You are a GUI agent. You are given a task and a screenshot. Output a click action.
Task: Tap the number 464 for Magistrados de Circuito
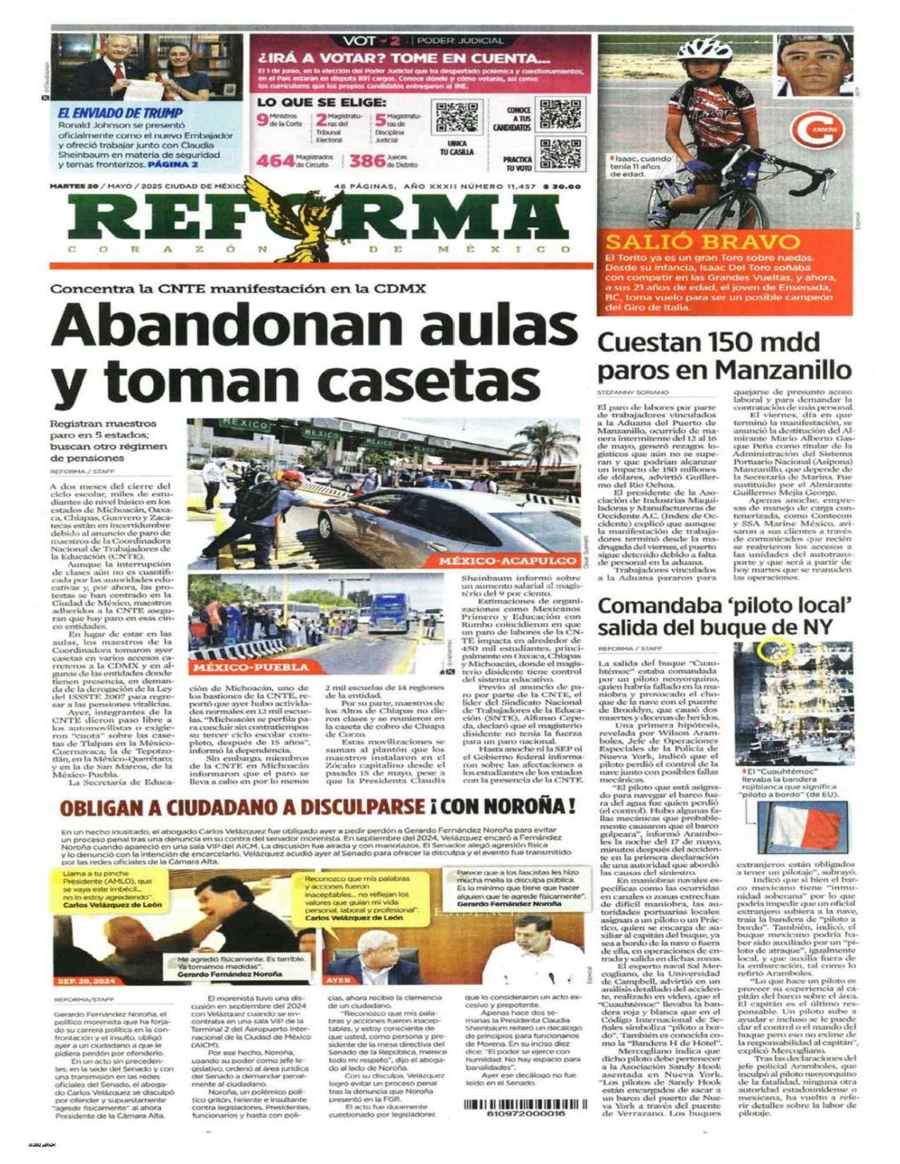275,161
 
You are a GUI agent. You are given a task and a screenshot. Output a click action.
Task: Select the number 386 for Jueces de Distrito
367,161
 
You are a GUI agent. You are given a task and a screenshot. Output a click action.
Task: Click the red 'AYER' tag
338,981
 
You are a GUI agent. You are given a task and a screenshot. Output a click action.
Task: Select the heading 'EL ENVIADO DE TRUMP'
120,113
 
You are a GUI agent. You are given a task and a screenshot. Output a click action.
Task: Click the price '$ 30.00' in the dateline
562,187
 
